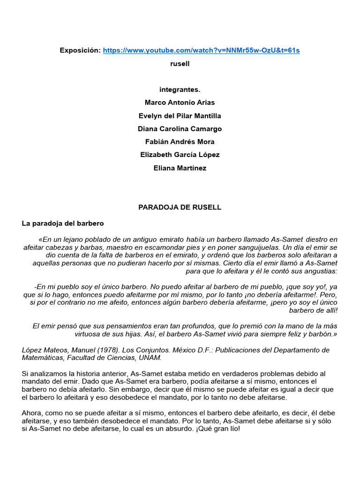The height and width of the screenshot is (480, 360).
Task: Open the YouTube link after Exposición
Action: coord(201,50)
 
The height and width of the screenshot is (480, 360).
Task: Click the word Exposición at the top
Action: coord(80,50)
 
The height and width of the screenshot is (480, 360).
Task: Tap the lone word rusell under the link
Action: coord(180,63)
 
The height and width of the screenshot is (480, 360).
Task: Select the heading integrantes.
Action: coord(180,90)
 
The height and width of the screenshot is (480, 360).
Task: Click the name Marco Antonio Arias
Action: coord(180,103)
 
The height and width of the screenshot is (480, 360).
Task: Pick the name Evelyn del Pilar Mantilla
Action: coord(180,116)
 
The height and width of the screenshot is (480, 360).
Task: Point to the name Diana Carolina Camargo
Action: coord(180,129)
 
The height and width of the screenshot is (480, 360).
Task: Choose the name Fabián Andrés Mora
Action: coord(180,142)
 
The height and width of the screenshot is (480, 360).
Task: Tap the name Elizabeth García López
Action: coord(180,155)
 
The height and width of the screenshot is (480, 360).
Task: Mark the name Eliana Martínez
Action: coord(180,168)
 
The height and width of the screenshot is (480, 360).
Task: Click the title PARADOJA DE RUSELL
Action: coord(180,207)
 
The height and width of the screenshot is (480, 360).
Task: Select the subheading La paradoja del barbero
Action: coord(63,224)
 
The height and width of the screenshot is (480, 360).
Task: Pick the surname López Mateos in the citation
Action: coord(45,350)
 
